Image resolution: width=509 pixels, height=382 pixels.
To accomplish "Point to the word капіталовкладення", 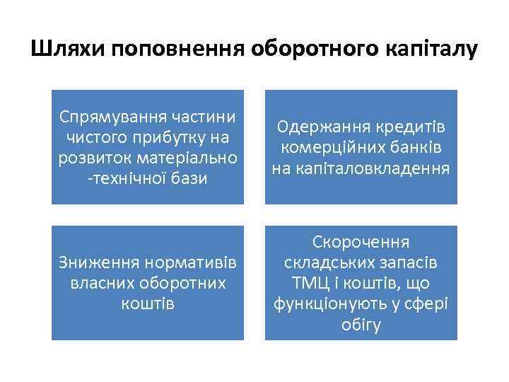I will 361,168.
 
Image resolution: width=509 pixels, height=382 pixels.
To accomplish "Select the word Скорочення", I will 361,243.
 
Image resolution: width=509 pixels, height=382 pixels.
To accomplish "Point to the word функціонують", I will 327,304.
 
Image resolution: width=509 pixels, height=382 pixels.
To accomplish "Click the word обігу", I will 361,325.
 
